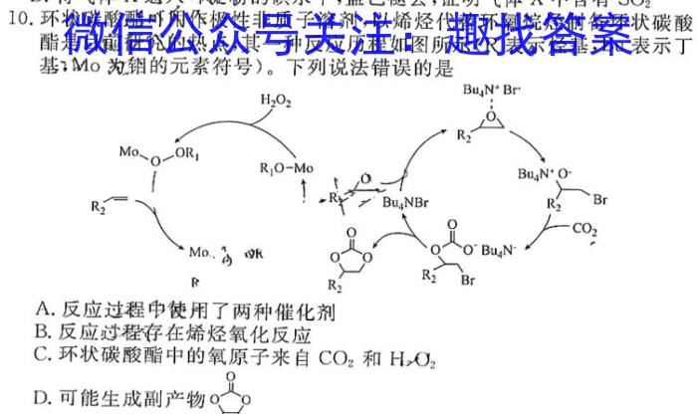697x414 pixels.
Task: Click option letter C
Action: (x=41, y=353)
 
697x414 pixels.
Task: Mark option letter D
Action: (x=41, y=397)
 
